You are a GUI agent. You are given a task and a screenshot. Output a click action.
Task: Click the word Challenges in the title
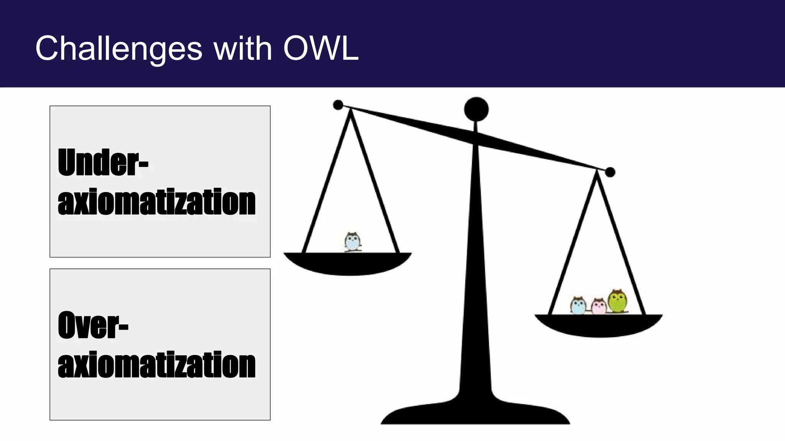[x=118, y=49]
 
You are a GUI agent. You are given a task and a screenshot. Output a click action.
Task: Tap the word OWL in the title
[x=321, y=49]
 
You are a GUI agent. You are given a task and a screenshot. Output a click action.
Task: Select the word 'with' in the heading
[x=243, y=49]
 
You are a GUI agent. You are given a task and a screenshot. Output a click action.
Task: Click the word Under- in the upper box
[x=103, y=162]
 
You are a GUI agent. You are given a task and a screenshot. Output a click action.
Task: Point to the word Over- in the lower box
[x=93, y=325]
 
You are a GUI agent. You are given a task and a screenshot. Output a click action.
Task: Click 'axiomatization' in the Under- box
[x=156, y=202]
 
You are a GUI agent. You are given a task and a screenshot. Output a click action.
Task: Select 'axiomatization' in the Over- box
[x=156, y=364]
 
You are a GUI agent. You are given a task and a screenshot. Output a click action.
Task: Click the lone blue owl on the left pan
[x=352, y=242]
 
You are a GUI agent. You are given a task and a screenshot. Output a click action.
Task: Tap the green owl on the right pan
[x=617, y=301]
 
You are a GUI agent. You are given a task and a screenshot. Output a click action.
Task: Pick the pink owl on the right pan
[x=598, y=306]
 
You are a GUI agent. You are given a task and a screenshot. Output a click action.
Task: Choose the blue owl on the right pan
[x=578, y=305]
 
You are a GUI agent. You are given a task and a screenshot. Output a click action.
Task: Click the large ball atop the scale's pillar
[x=476, y=109]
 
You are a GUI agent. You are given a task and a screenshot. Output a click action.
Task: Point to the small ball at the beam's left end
[x=338, y=105]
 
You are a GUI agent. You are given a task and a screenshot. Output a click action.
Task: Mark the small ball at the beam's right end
[x=610, y=172]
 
